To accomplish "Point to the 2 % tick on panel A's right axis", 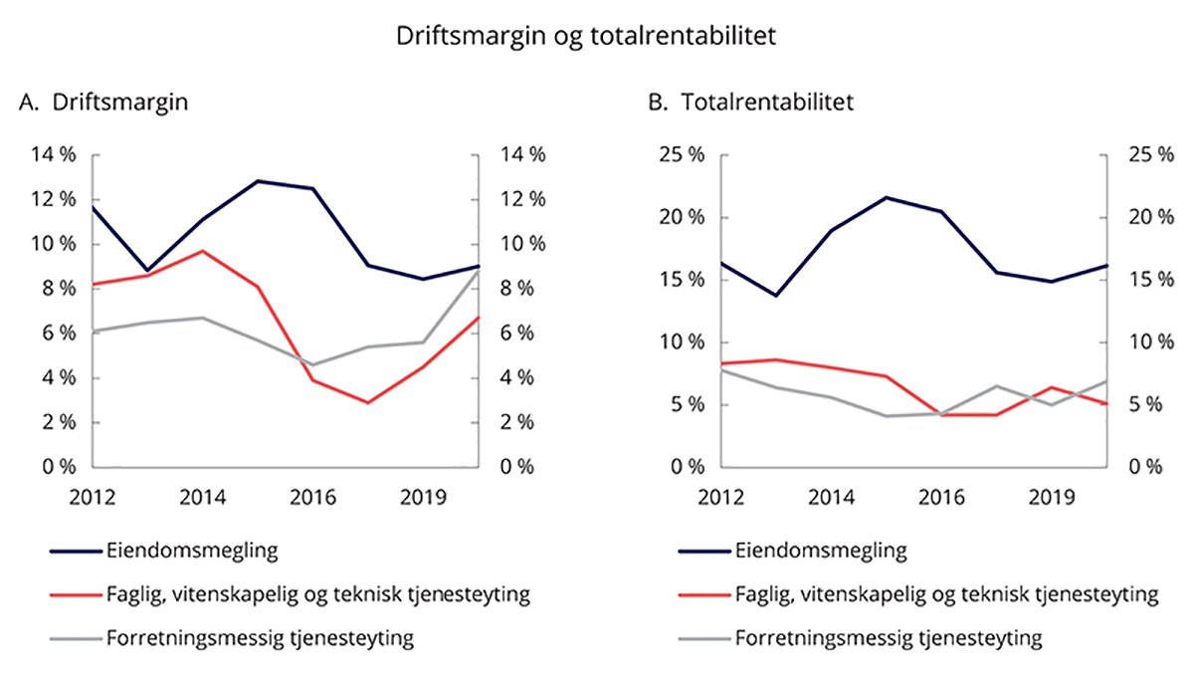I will tap(522, 422).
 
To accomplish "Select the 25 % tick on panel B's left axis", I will tap(682, 154).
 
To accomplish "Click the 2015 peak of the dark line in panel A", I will tap(258, 181).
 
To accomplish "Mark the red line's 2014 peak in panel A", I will tap(202, 251).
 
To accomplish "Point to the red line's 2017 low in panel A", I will tap(368, 402).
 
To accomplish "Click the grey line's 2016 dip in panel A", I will tap(313, 364).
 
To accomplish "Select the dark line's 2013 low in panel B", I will tap(776, 295).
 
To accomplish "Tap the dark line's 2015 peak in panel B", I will tap(887, 197).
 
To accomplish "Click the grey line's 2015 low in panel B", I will tap(887, 415).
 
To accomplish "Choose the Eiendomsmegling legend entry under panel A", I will tap(167, 550).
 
